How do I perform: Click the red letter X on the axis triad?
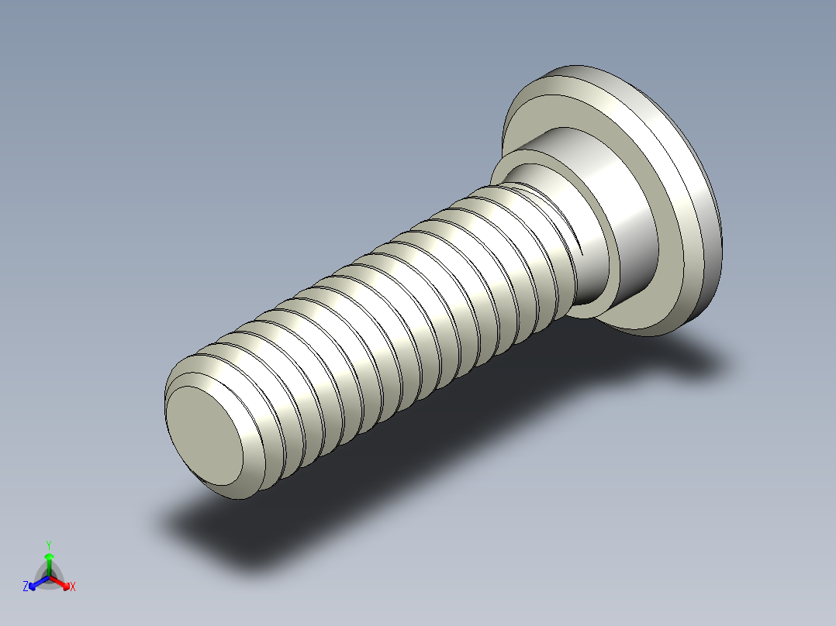click(73, 587)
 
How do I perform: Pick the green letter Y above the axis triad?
click(49, 545)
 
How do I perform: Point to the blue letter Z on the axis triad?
click(26, 587)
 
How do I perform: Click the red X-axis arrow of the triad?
click(62, 582)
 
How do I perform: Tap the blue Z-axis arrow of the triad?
click(36, 583)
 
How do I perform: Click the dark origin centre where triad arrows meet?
click(49, 577)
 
